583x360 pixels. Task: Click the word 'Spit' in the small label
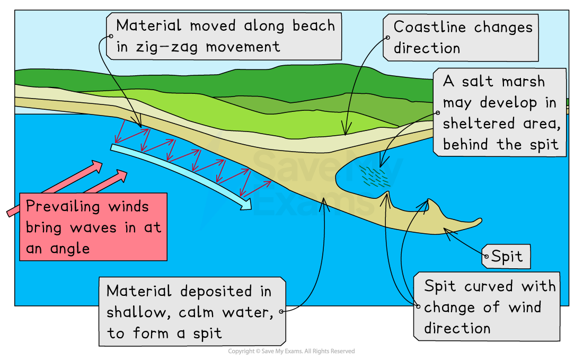tap(507, 257)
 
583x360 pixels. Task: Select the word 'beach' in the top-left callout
tap(313, 25)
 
